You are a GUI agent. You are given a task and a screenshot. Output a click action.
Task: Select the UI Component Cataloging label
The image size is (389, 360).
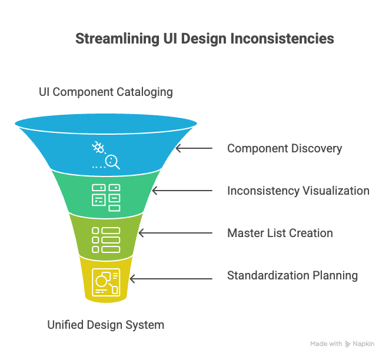pos(106,92)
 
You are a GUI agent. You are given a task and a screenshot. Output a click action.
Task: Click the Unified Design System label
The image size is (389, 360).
pos(106,325)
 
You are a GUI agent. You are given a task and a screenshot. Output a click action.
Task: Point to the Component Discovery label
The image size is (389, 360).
pos(284,148)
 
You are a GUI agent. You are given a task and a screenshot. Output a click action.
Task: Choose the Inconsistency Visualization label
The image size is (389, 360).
pos(298,191)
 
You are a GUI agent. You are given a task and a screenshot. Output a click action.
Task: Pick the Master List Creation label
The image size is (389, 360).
pos(280,233)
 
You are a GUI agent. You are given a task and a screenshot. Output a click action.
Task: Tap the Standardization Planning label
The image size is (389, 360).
pos(292,275)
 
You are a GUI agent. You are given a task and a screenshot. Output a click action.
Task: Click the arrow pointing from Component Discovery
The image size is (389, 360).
pos(194,148)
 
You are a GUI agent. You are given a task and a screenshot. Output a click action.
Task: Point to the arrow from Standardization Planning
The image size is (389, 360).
pos(171,275)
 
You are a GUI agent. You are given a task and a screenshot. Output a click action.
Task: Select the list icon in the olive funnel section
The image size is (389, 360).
pos(106,239)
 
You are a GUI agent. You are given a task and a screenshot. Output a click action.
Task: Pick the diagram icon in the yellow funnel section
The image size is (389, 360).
pos(107,282)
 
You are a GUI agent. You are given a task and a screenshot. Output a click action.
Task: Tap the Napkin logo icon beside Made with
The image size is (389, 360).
pos(348,344)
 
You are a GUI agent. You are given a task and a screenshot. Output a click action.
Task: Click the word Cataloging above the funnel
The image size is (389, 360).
pos(147,92)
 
